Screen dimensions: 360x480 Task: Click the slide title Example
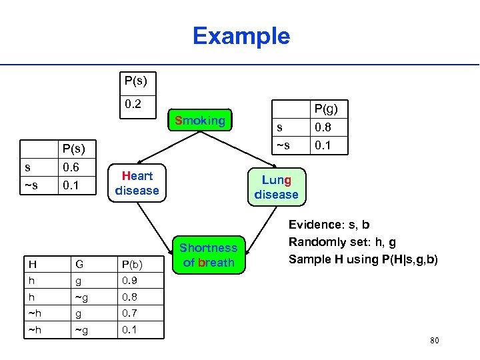point(241,36)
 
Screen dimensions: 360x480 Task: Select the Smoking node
point(199,121)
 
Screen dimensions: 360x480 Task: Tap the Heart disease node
point(137,183)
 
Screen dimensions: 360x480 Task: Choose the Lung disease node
point(276,187)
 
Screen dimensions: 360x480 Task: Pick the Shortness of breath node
point(209,255)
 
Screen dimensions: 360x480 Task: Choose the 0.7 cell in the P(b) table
point(129,313)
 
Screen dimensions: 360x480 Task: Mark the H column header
point(32,264)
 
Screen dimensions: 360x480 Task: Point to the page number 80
point(435,341)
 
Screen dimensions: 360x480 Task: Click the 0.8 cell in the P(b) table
point(129,297)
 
